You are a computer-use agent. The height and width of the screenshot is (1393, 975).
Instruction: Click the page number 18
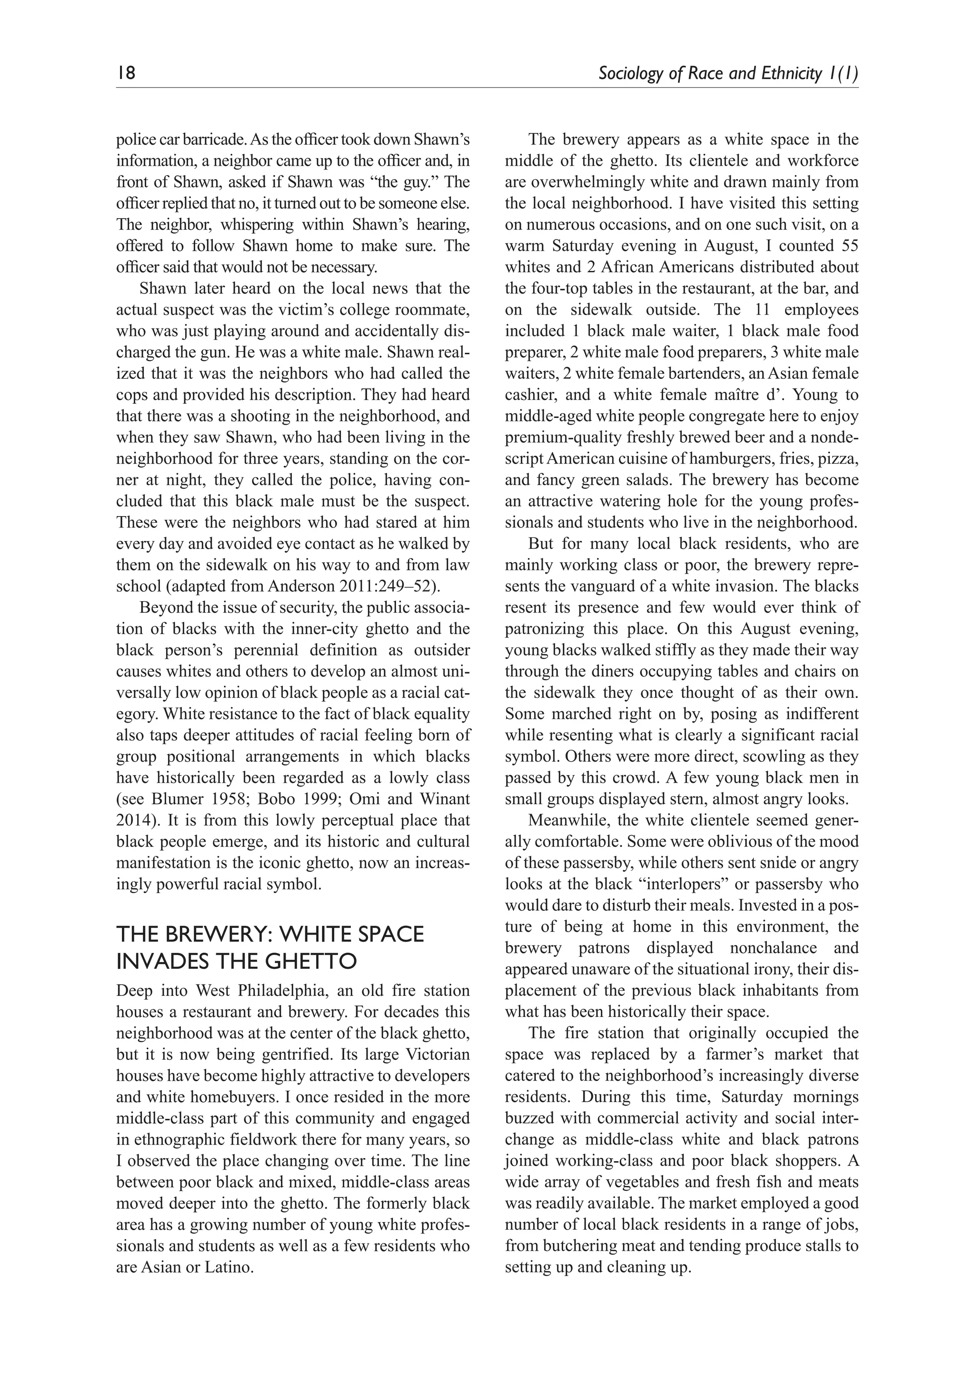point(126,73)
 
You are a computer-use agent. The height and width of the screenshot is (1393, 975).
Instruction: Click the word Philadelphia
point(283,991)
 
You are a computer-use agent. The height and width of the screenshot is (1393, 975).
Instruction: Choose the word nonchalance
point(771,948)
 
